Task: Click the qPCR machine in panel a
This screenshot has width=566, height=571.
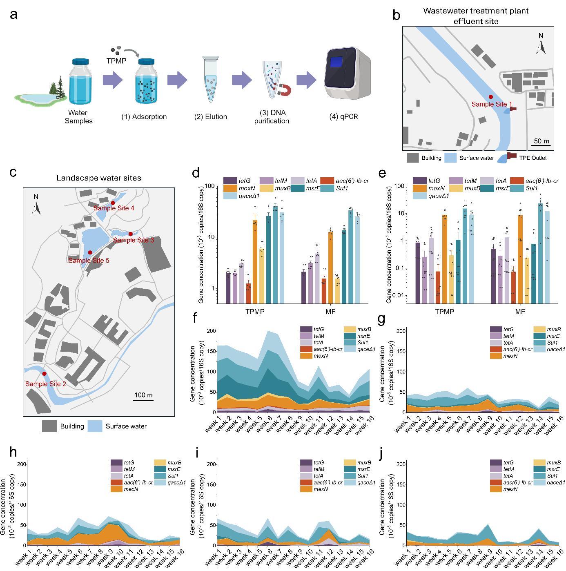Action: [x=347, y=76]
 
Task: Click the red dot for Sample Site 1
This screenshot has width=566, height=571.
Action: [x=491, y=97]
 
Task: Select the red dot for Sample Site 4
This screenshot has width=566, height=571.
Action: [x=113, y=203]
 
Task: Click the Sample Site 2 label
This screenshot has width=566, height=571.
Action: [x=46, y=384]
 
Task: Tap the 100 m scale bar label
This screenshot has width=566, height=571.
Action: [x=143, y=395]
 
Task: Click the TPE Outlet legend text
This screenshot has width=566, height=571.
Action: [x=533, y=158]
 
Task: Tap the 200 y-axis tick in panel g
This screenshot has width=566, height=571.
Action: [x=401, y=331]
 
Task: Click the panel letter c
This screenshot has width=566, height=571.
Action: [x=13, y=172]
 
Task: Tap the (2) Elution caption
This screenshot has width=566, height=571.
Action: [x=211, y=117]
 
